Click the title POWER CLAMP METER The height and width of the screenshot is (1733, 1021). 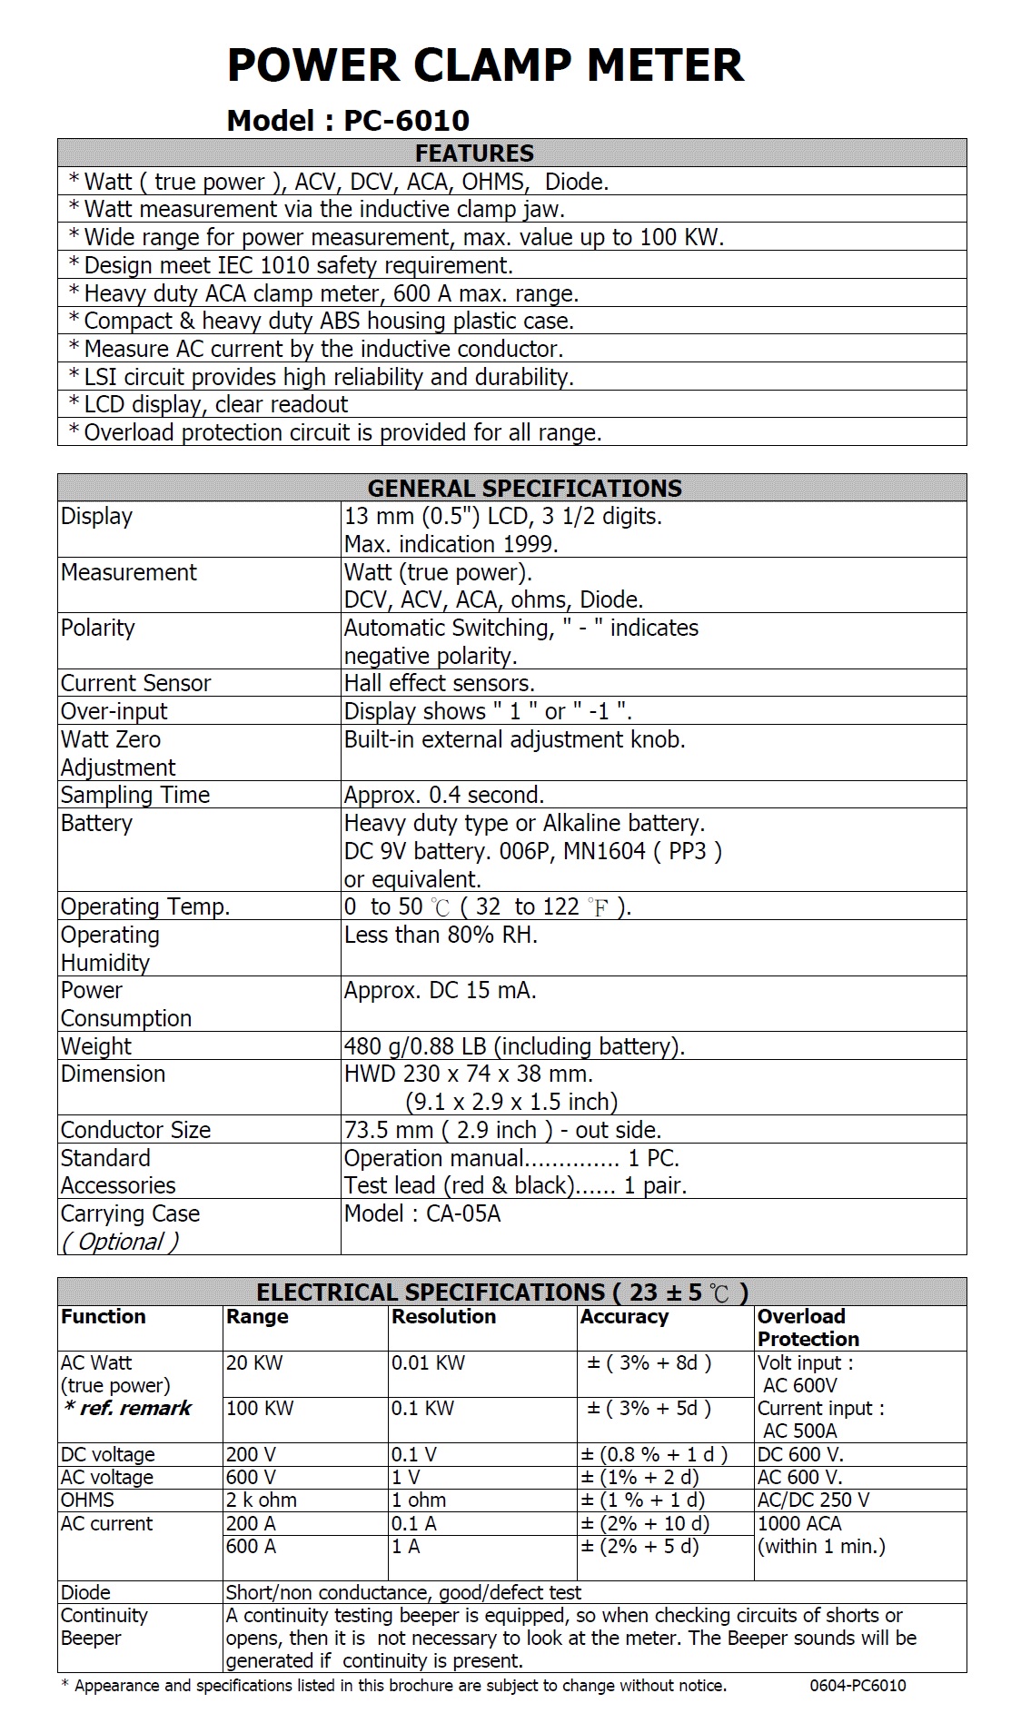pos(485,65)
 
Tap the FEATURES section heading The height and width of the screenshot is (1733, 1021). pos(474,153)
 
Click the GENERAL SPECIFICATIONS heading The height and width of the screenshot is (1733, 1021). pos(524,488)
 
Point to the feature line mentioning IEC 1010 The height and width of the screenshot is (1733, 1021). pos(299,265)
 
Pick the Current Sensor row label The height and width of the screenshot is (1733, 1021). pos(135,683)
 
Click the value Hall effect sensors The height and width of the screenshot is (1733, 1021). pos(439,683)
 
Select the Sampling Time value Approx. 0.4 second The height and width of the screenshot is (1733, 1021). pos(443,795)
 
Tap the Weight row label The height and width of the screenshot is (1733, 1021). pos(95,1046)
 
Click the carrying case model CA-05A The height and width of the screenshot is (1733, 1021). pos(422,1213)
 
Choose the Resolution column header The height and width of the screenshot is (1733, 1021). pos(443,1317)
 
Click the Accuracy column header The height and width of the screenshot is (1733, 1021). pos(624,1317)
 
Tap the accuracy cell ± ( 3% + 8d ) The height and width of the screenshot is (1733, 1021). pos(649,1363)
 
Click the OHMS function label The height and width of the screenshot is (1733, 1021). pos(87,1500)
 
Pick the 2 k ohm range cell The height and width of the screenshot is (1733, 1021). pos(261,1500)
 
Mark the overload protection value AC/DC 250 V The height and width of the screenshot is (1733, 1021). pos(813,1500)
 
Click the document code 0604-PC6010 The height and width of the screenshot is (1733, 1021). pos(857,1686)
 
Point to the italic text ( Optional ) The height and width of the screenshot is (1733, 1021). pos(120,1242)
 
